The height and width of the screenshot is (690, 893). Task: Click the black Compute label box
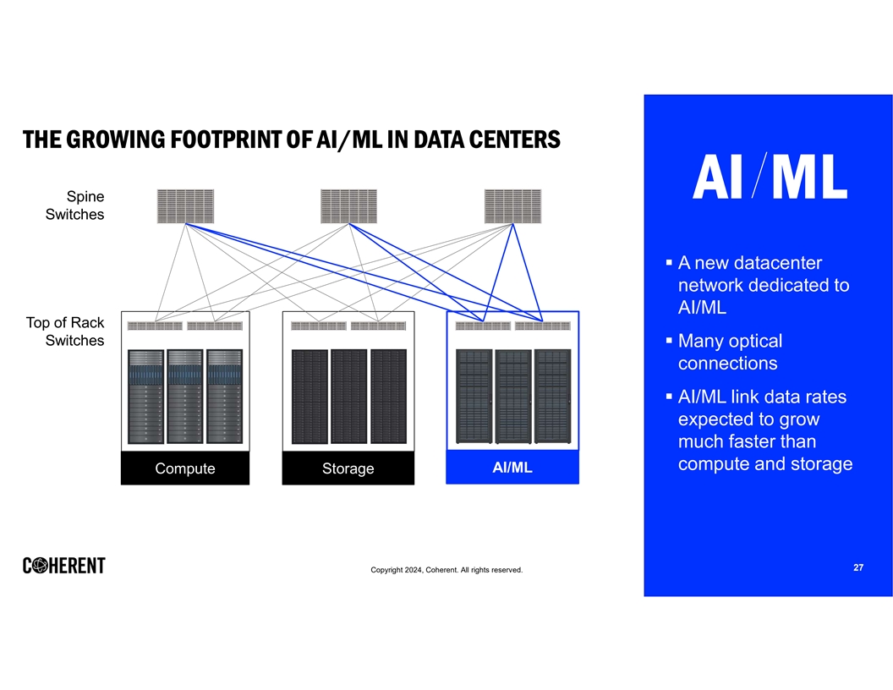point(185,468)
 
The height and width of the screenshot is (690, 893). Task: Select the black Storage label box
point(348,468)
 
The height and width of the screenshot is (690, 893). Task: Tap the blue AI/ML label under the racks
point(512,468)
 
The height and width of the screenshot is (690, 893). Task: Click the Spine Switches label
point(74,205)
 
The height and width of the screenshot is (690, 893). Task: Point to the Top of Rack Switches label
point(65,331)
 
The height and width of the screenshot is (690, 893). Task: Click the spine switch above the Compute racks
point(186,206)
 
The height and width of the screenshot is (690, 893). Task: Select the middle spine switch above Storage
point(348,206)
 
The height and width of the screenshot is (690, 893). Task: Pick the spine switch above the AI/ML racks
point(512,206)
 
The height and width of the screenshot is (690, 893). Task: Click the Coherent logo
point(63,566)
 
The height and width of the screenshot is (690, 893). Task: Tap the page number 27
point(858,567)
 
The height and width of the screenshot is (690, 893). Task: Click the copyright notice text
point(446,570)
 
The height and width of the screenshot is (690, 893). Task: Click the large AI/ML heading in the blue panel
point(770,177)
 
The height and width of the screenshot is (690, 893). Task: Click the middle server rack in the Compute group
point(185,397)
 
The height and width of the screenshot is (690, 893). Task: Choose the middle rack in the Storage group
point(348,397)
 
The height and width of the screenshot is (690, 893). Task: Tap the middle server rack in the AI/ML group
point(513,397)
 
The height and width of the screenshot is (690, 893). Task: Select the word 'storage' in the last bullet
point(822,464)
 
